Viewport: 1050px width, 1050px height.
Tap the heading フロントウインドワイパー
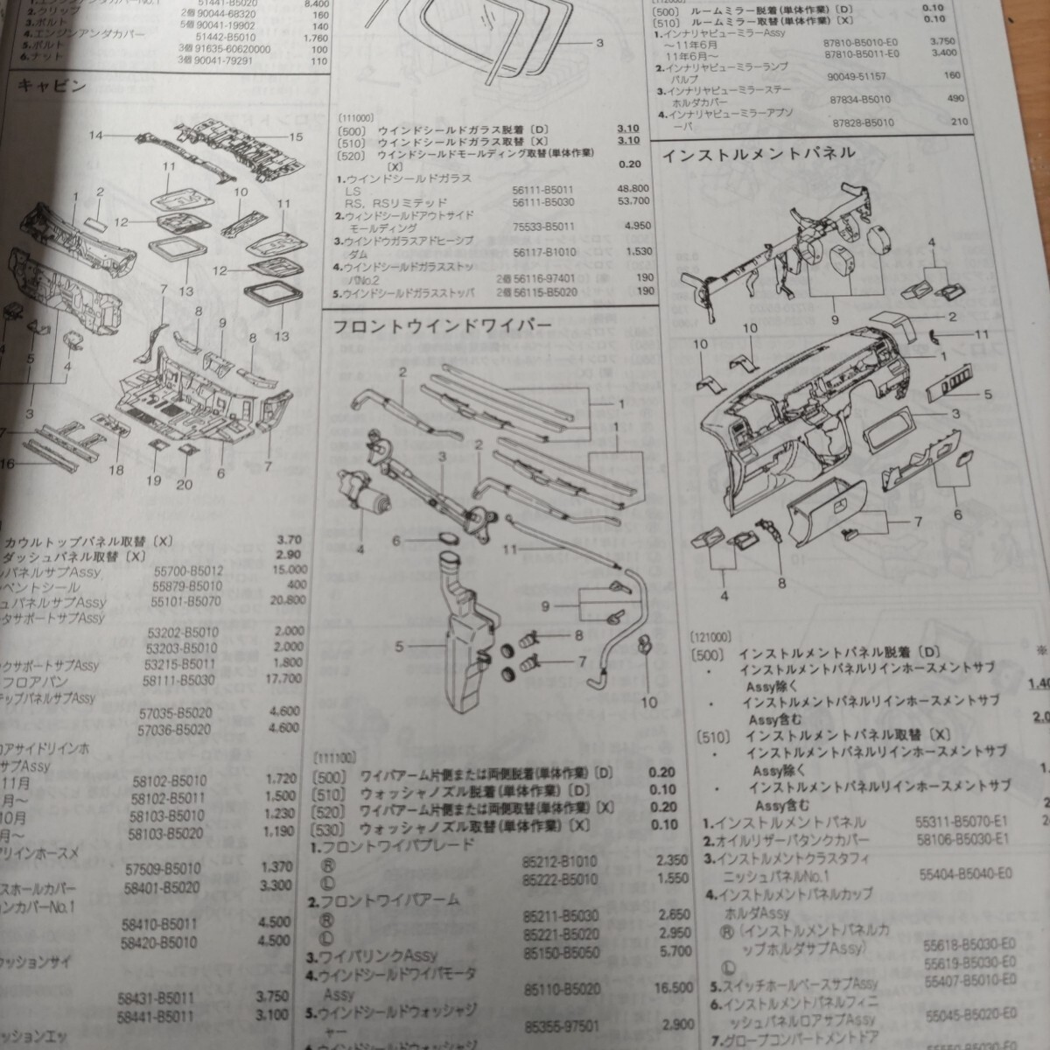pyautogui.click(x=442, y=325)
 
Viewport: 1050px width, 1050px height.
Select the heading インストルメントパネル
pyautogui.click(x=758, y=152)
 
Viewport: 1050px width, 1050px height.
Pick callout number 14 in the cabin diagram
pyautogui.click(x=94, y=136)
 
